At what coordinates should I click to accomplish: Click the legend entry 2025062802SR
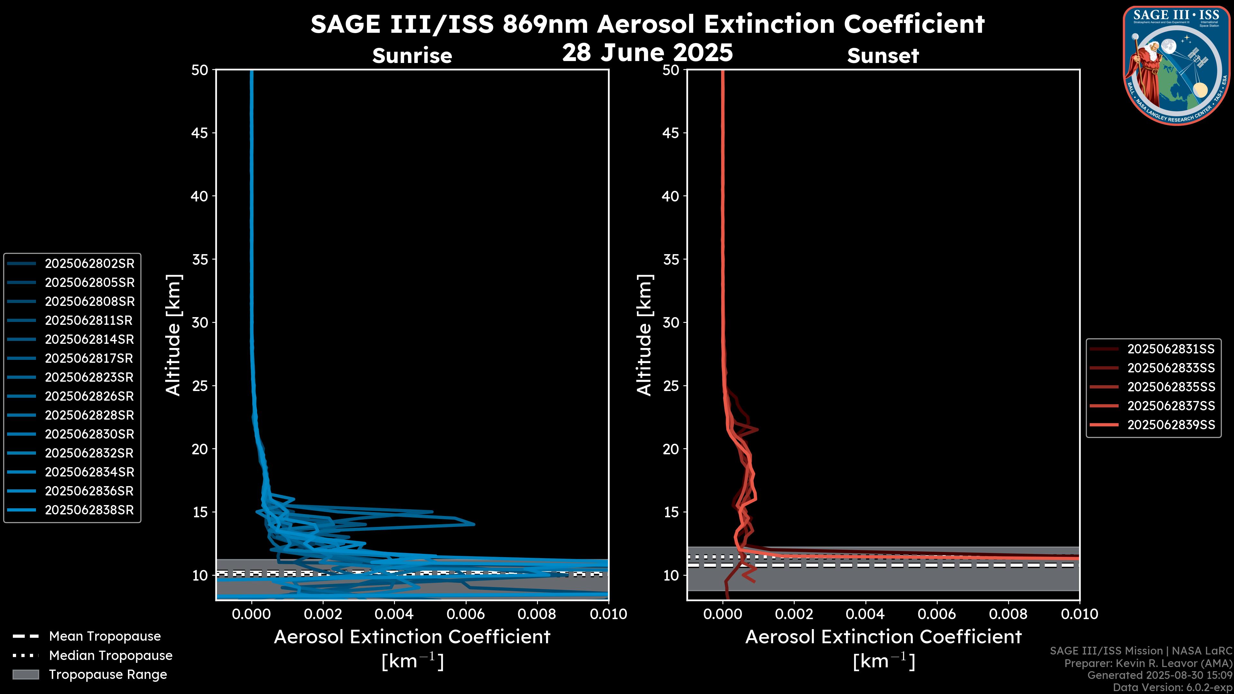pyautogui.click(x=90, y=263)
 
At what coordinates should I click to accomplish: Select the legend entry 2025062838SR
pyautogui.click(x=90, y=510)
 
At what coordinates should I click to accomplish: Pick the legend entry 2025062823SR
pyautogui.click(x=90, y=378)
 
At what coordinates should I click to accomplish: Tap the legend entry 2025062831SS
pyautogui.click(x=1171, y=349)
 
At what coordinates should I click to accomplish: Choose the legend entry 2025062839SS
pyautogui.click(x=1171, y=425)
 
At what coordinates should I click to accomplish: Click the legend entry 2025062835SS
pyautogui.click(x=1171, y=387)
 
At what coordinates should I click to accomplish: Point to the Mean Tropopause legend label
pyautogui.click(x=105, y=636)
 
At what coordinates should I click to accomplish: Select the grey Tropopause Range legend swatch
pyautogui.click(x=26, y=674)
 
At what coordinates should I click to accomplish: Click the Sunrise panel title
pyautogui.click(x=412, y=56)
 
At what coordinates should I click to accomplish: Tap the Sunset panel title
pyautogui.click(x=883, y=56)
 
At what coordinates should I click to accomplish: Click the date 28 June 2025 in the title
pyautogui.click(x=647, y=53)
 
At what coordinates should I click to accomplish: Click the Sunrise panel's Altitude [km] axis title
pyautogui.click(x=174, y=335)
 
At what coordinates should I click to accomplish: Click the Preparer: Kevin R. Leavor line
pyautogui.click(x=1148, y=663)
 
